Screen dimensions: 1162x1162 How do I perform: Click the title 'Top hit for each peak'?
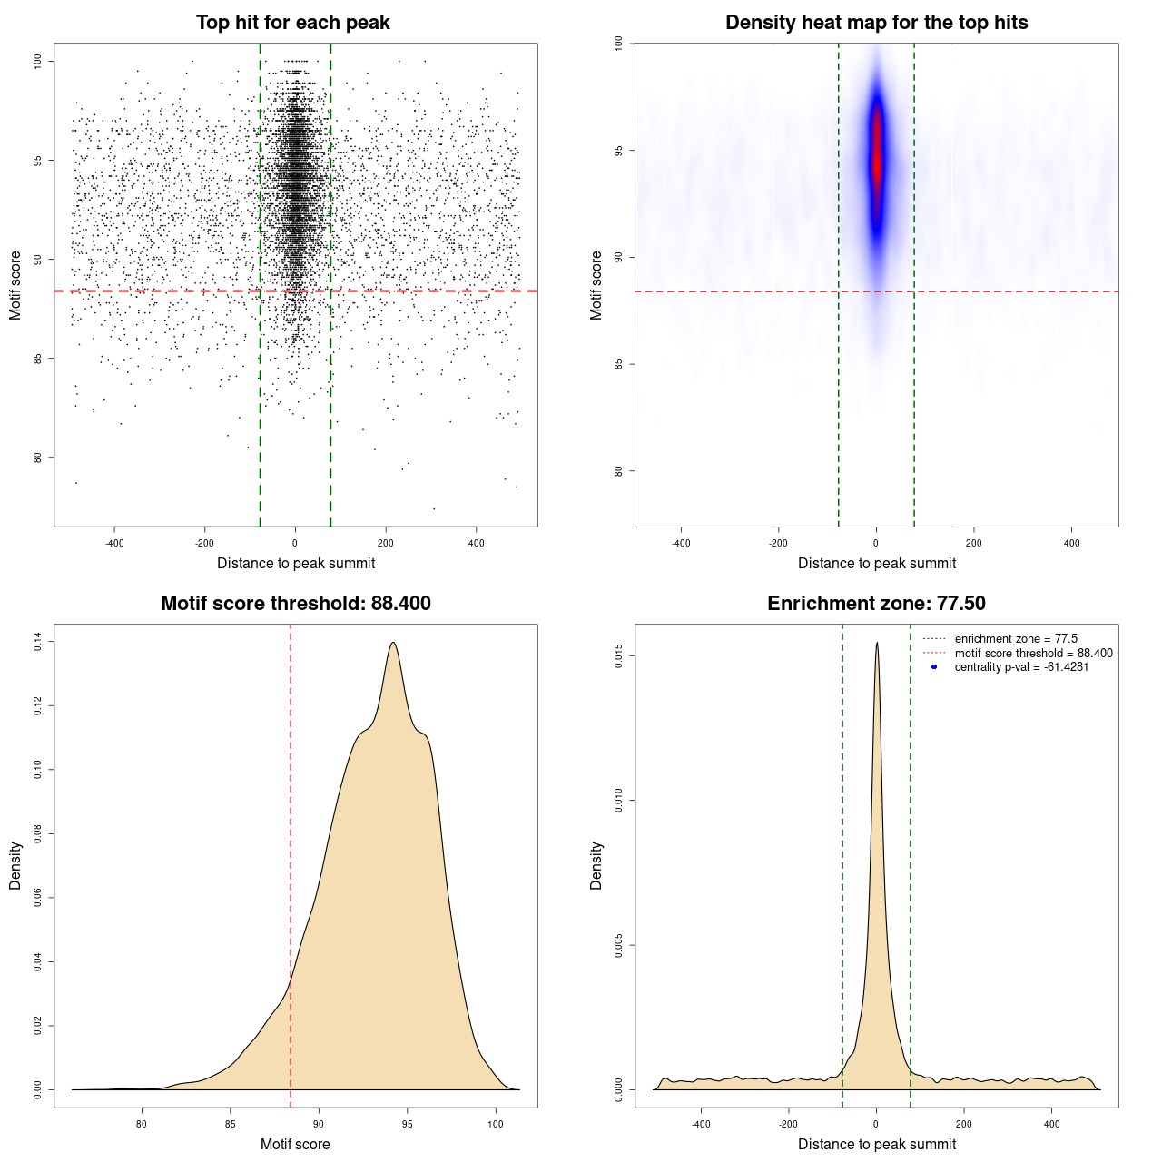[293, 23]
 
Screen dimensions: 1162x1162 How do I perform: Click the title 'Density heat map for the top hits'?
[876, 23]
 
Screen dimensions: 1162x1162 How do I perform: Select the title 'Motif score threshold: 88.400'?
[295, 604]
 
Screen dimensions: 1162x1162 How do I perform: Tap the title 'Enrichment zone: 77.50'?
[876, 604]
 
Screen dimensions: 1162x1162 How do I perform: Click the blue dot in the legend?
[934, 667]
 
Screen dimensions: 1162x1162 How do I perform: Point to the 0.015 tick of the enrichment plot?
[619, 656]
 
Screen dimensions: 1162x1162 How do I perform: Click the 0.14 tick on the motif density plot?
[38, 642]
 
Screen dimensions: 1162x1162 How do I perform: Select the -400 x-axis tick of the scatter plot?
[114, 543]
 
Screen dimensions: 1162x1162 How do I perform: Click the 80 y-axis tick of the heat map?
[619, 471]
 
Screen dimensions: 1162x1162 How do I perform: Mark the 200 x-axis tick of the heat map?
[974, 543]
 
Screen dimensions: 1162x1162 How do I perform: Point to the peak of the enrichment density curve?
[877, 644]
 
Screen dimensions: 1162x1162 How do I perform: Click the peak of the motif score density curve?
[393, 643]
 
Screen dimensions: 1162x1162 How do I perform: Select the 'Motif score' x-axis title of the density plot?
[295, 1144]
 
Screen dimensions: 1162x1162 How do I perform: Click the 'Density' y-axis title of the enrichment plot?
[596, 865]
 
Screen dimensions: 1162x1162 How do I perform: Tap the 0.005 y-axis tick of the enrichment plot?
[619, 945]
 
